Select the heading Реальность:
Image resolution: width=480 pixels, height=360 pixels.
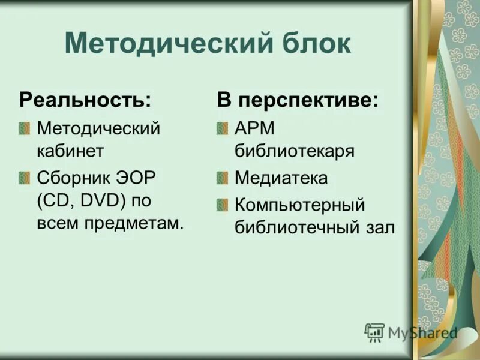tap(85, 100)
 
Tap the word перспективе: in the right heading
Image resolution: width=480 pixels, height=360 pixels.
tap(308, 100)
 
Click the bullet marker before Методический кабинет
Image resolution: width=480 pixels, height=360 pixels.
tap(25, 128)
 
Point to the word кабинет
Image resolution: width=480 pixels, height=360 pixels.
tap(70, 151)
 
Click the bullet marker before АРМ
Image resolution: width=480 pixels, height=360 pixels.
tap(223, 128)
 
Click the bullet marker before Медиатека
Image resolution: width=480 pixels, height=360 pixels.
tap(223, 178)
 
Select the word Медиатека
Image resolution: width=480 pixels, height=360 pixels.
tap(281, 178)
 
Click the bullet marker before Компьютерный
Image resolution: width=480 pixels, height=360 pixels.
tap(223, 205)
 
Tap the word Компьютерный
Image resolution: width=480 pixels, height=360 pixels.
tap(300, 205)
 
